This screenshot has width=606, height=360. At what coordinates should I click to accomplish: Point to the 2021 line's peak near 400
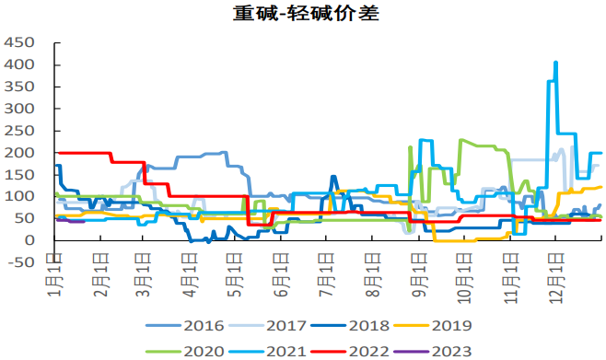(555, 64)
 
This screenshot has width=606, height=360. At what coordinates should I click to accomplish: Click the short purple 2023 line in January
(70, 221)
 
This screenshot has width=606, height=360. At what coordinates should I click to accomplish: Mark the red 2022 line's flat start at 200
(83, 153)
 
